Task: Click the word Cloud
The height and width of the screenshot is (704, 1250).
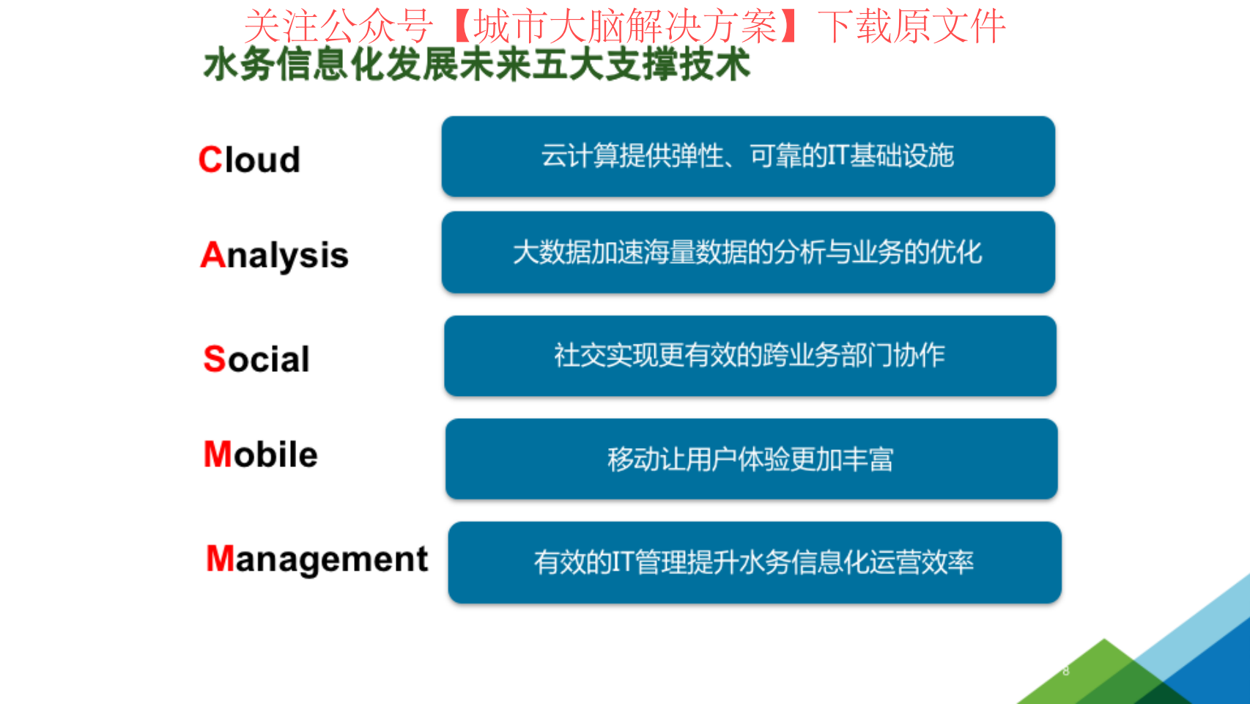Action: [249, 160]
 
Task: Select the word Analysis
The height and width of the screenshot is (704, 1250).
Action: [274, 256]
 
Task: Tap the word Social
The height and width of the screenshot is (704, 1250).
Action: [256, 359]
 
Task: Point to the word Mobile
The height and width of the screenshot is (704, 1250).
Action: [261, 454]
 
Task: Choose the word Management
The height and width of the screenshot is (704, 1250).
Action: [317, 559]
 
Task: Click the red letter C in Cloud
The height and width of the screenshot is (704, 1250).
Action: [210, 160]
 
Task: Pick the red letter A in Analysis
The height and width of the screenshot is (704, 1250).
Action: [212, 254]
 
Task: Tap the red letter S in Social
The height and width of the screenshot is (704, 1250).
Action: [214, 359]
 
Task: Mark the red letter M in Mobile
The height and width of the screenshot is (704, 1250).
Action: [217, 454]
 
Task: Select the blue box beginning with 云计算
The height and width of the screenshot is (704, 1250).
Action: [748, 156]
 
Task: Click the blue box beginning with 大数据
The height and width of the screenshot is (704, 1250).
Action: [748, 252]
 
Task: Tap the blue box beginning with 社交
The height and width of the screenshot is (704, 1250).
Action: [750, 356]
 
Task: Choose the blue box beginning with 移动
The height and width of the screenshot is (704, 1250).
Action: [751, 459]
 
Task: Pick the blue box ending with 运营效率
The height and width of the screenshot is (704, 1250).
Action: [755, 562]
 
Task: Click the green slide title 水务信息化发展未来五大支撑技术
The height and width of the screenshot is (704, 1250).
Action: [477, 65]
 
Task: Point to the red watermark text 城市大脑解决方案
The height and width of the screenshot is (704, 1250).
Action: [626, 26]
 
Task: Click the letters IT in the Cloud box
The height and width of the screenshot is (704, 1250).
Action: [838, 155]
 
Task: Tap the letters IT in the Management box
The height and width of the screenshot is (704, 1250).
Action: [623, 562]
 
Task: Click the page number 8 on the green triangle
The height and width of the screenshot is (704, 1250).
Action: [1066, 670]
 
